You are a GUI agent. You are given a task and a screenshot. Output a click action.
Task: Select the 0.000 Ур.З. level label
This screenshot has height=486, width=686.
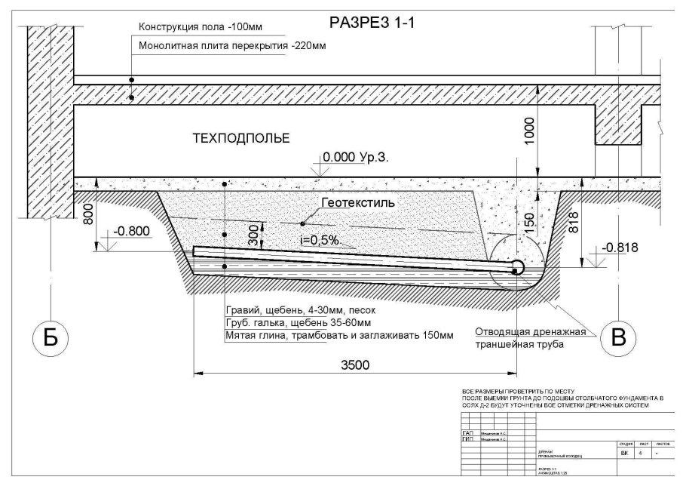point(355,158)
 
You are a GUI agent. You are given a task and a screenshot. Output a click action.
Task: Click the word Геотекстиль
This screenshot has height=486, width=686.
point(357,204)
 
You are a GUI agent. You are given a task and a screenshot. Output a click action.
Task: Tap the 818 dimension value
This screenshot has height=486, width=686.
point(575,223)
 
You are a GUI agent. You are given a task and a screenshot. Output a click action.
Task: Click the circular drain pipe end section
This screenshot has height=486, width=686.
point(517,266)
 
